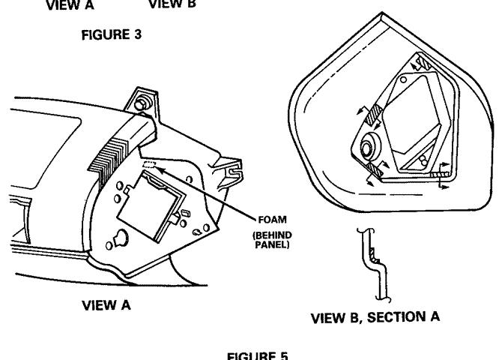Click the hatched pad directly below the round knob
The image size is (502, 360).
[x=374, y=172]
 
